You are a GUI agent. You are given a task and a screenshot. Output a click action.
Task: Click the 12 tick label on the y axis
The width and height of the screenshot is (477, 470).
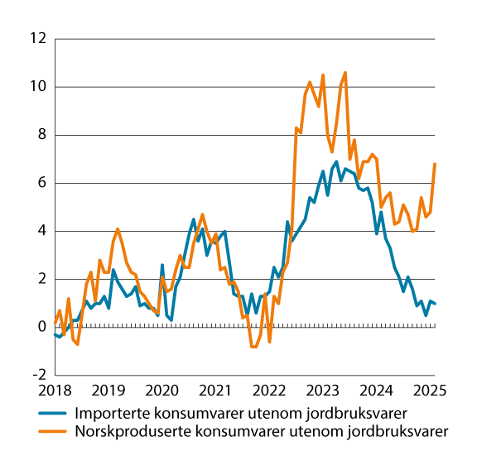point(36,39)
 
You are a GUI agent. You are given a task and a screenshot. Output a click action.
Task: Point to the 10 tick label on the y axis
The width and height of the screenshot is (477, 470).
point(36,87)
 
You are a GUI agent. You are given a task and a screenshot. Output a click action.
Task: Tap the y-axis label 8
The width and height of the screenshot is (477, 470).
point(39,135)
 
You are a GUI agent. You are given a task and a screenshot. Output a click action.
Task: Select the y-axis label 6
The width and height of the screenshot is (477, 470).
point(39,183)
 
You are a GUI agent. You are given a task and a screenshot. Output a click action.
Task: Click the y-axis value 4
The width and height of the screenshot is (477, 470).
point(39,231)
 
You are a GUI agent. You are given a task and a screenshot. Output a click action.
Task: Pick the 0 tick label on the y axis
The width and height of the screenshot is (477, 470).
point(39,327)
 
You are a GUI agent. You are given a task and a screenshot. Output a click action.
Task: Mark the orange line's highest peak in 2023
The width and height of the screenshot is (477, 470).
point(345,73)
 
